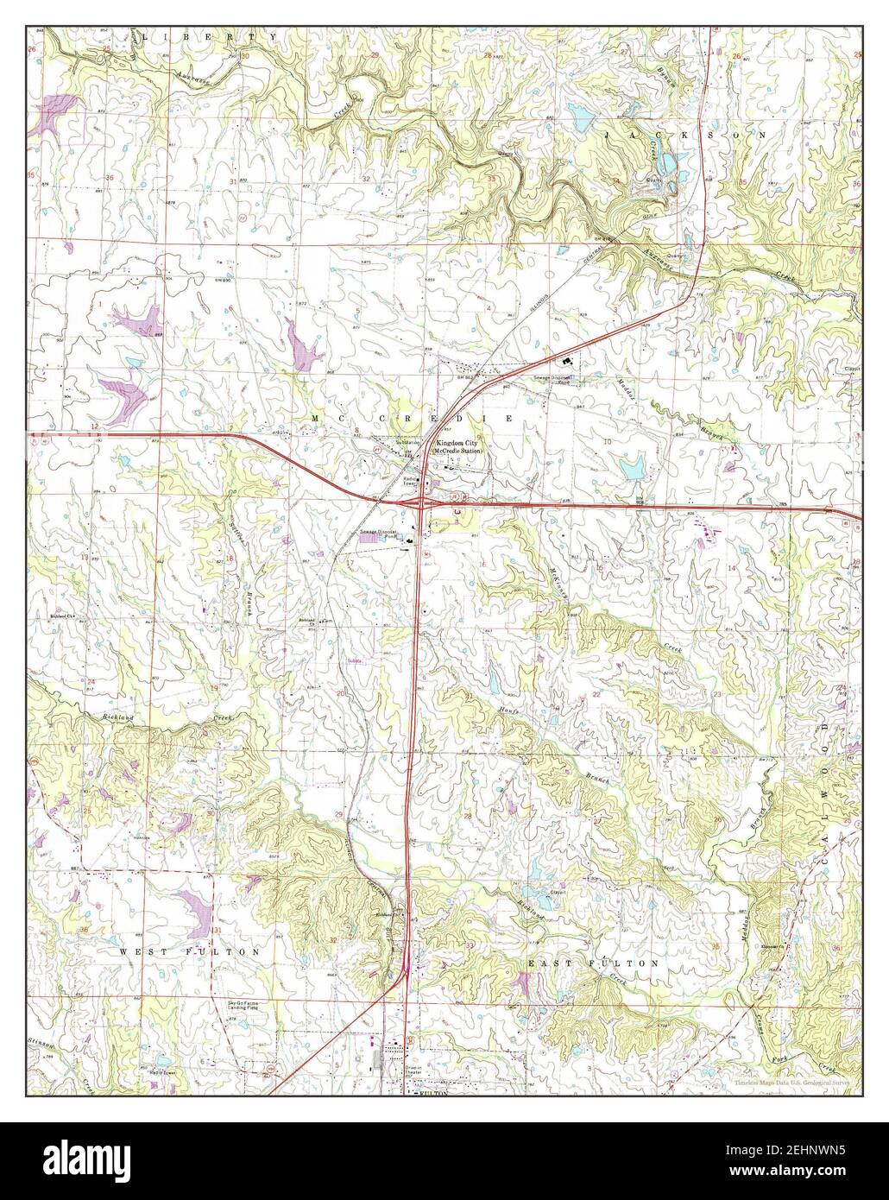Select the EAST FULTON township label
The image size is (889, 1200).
[594, 962]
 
